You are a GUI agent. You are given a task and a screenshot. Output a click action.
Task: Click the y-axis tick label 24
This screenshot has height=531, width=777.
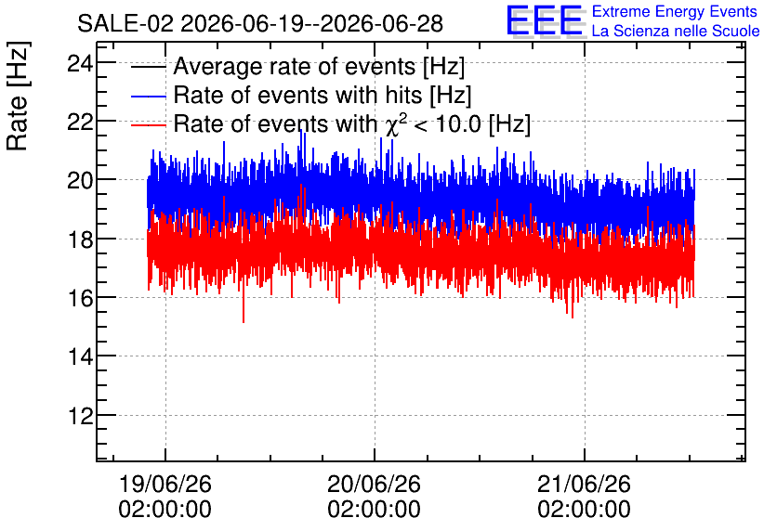click(x=80, y=64)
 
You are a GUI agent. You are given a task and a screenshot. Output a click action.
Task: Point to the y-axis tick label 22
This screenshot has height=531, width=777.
click(x=80, y=122)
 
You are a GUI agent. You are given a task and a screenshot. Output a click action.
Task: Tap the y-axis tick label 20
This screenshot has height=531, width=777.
click(x=80, y=181)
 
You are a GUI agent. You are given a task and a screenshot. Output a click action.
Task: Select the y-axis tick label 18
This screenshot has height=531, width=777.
click(x=80, y=240)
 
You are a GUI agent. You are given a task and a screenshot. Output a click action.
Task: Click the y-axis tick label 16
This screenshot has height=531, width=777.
click(x=80, y=298)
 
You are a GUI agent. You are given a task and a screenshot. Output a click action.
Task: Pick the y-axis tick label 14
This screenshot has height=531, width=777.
click(x=80, y=356)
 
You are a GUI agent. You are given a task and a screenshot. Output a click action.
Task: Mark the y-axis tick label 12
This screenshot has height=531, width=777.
click(x=80, y=416)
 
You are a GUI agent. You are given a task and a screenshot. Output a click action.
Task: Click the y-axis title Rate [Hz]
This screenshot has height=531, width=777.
click(x=18, y=96)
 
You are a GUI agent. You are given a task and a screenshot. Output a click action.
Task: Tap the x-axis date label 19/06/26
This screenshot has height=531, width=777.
click(x=165, y=484)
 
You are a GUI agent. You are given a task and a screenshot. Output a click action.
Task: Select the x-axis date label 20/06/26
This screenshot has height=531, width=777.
click(x=374, y=484)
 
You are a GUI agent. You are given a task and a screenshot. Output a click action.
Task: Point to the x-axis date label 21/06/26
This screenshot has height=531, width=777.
click(x=584, y=484)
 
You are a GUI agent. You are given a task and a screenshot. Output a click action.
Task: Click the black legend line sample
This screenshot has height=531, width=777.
click(x=148, y=67)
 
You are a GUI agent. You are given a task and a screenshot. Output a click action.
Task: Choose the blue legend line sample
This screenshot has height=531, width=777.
click(x=148, y=97)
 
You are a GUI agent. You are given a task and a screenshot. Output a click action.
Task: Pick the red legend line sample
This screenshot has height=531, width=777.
click(x=148, y=125)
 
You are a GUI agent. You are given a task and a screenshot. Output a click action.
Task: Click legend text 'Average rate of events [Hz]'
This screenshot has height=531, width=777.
click(x=319, y=67)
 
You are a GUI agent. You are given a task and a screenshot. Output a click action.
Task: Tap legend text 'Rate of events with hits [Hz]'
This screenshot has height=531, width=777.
click(x=323, y=96)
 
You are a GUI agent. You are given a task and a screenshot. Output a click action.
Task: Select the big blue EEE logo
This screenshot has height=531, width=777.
click(x=544, y=20)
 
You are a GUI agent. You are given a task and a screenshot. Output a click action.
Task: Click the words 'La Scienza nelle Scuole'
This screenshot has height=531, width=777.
click(x=676, y=32)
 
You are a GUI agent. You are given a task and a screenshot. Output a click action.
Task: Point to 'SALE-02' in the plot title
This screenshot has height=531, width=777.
click(x=125, y=24)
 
